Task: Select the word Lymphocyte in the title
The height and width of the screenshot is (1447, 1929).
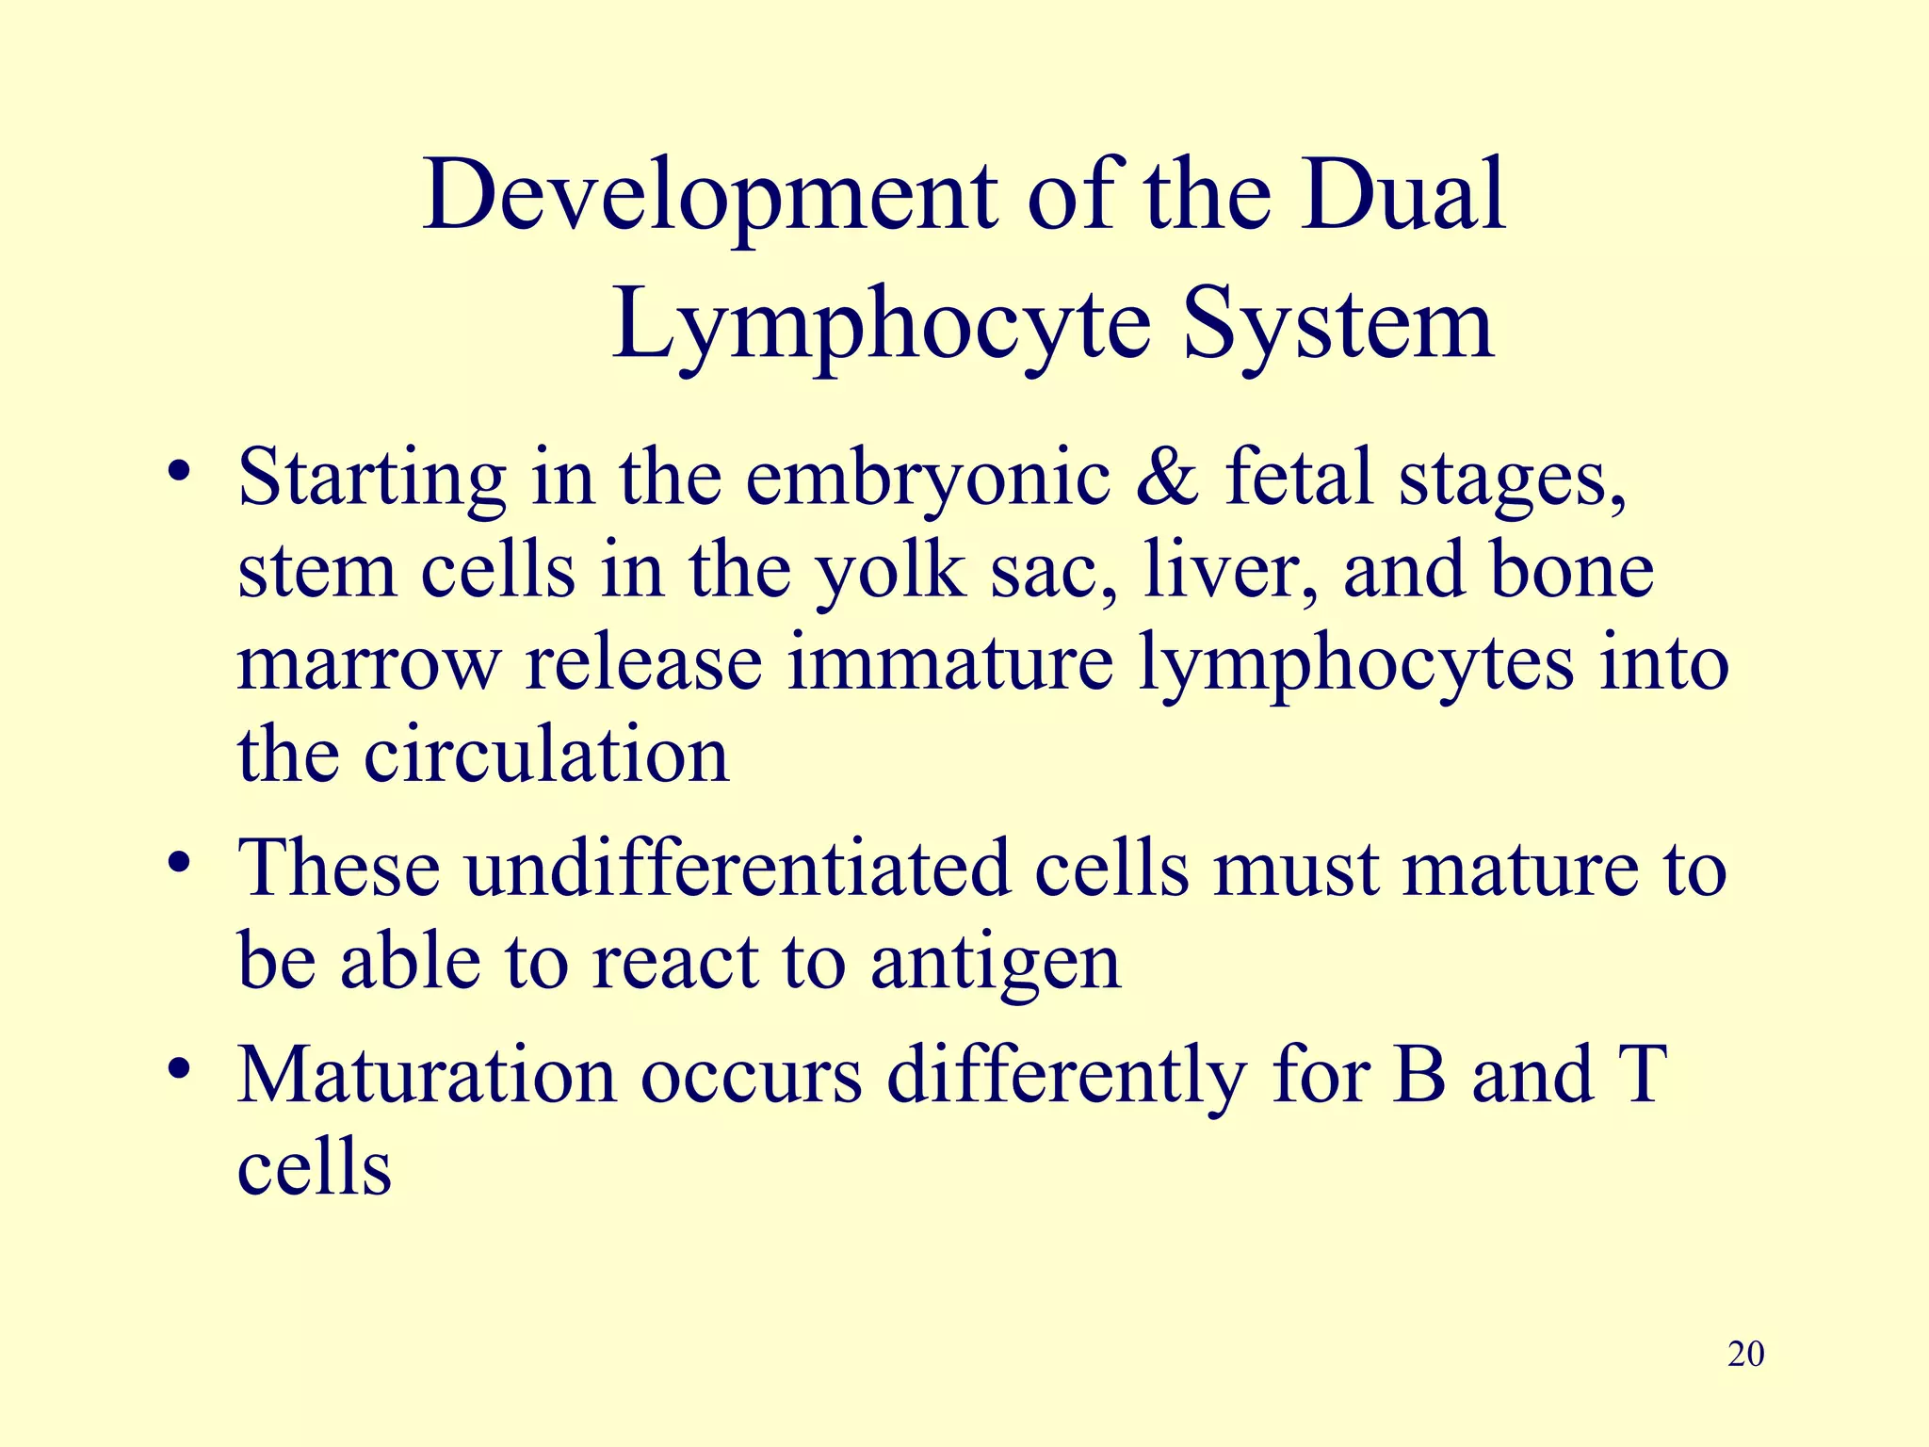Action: [x=882, y=326]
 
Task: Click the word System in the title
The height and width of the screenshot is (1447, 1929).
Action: [x=1338, y=324]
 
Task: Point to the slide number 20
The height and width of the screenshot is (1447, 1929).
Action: [x=1746, y=1354]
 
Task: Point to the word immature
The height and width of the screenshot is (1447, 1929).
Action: [x=950, y=663]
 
